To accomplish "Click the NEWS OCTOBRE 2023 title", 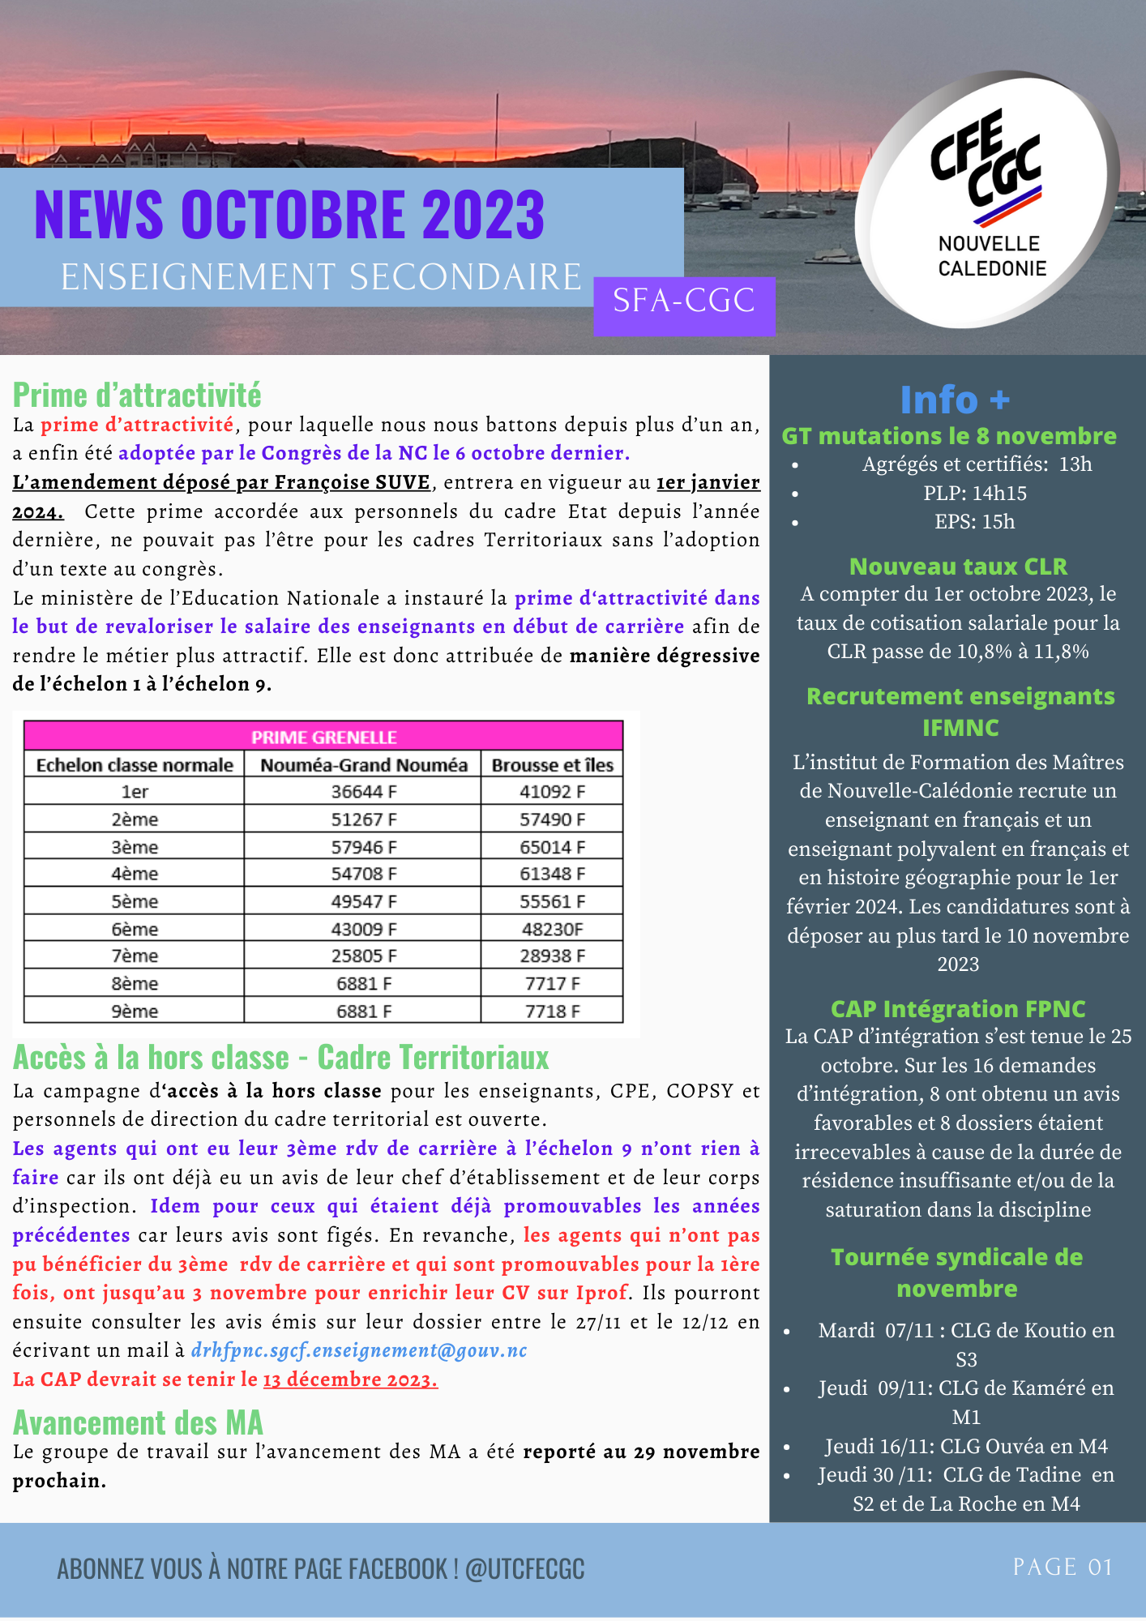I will pos(289,215).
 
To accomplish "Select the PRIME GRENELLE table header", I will pos(323,737).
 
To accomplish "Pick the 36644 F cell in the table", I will pos(363,792).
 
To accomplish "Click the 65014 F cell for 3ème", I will pos(552,847).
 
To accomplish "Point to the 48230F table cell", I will pos(552,929).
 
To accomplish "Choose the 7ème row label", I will pos(135,956).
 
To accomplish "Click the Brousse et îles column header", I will pos(552,764).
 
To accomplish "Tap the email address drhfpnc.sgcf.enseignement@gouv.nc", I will pos(359,1350).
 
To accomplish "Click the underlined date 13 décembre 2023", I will pos(350,1379).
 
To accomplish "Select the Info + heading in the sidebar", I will pos(956,400).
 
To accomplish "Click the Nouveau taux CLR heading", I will pos(958,567).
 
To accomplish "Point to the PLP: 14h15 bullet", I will pos(974,494).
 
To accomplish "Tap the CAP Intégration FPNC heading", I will pos(958,1009).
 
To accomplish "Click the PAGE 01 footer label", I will pos(1063,1567).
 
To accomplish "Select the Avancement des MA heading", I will pos(138,1423).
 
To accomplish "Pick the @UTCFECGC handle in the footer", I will pos(525,1569).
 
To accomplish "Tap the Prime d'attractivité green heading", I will pos(137,396).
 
